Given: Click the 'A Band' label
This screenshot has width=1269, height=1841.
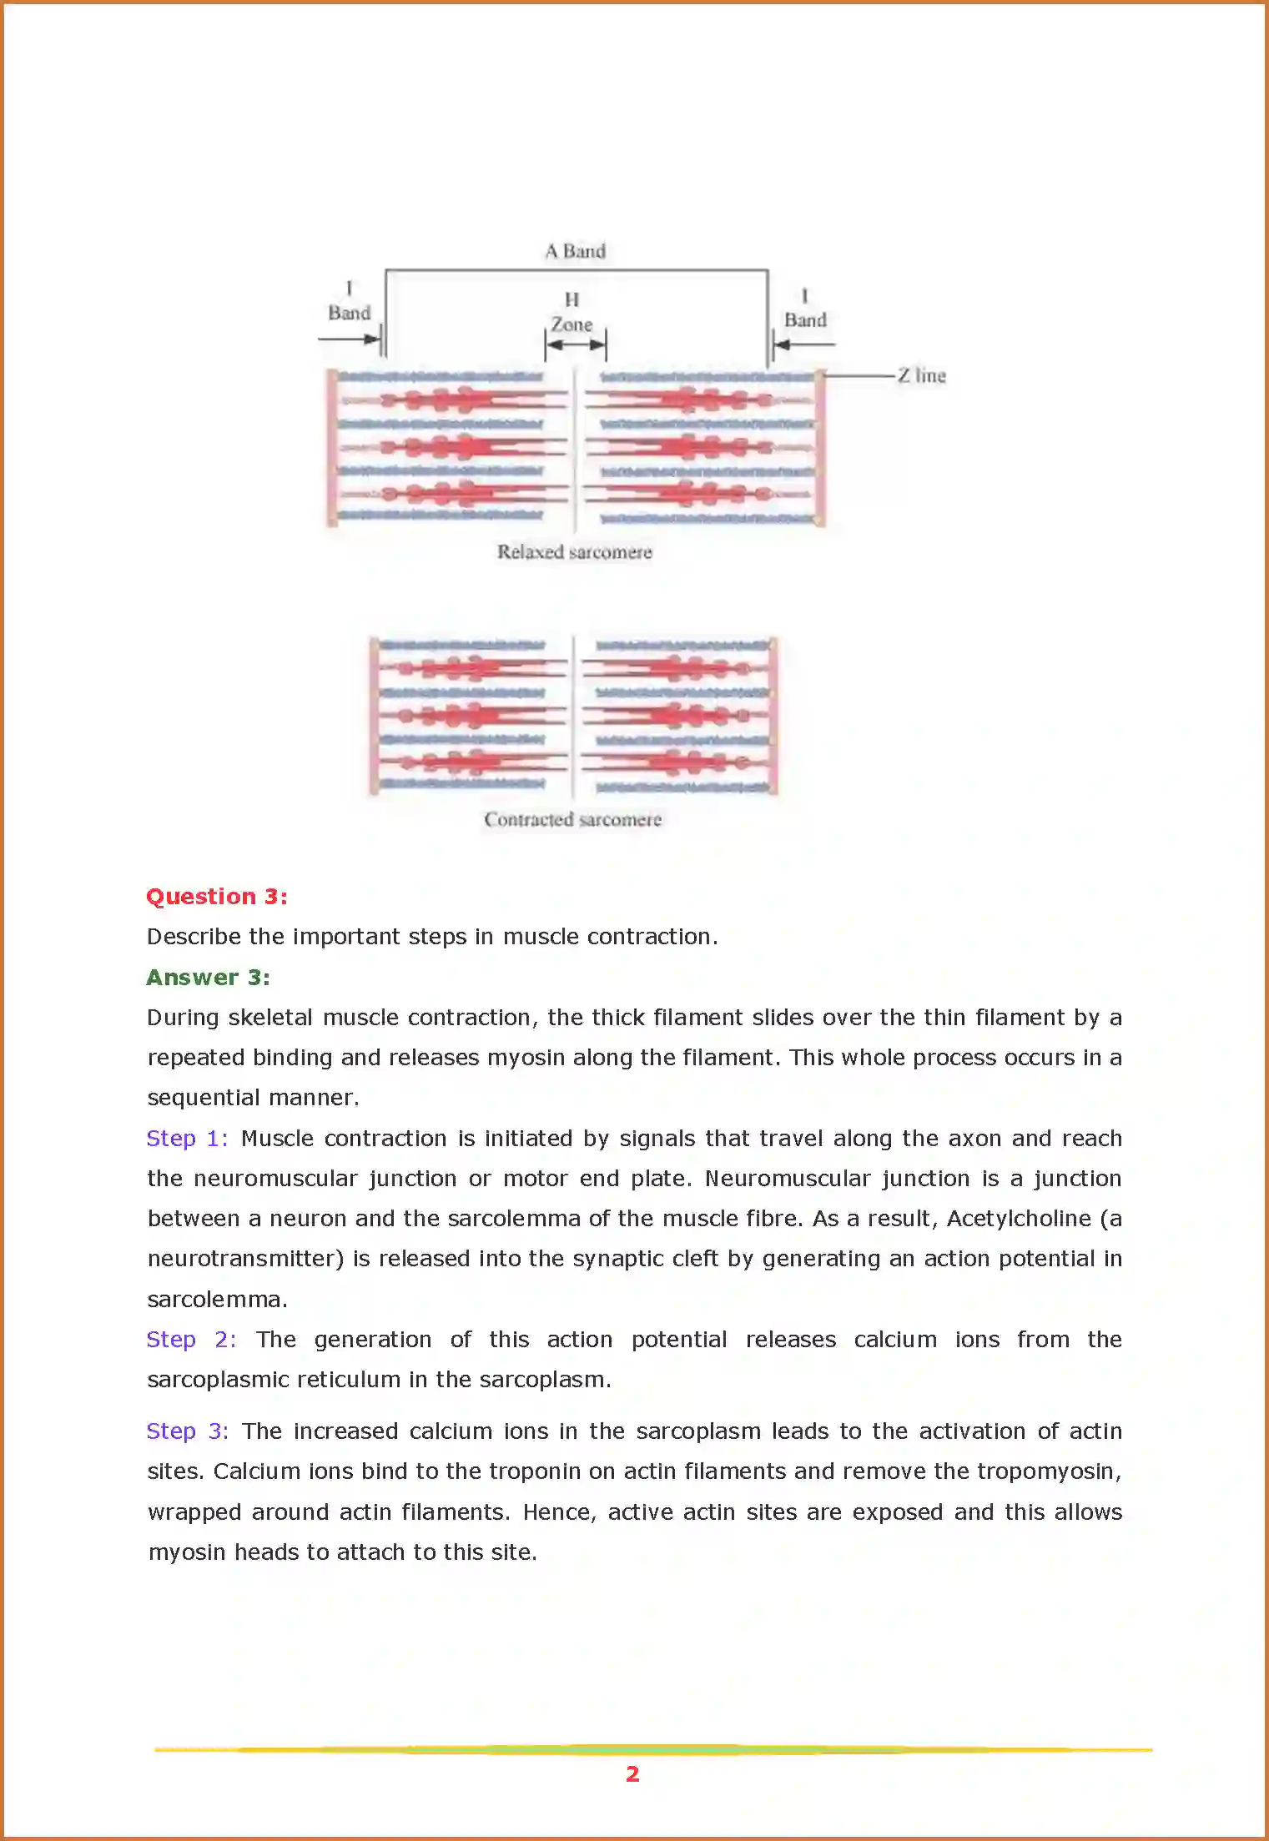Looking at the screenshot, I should [x=575, y=251].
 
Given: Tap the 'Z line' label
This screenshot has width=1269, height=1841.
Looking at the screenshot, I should [x=922, y=375].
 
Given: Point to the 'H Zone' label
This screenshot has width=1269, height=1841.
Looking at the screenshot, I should [x=572, y=312].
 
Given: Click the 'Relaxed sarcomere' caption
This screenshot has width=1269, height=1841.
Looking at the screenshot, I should [x=574, y=551].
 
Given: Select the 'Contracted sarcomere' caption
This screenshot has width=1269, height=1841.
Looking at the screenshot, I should [x=572, y=819].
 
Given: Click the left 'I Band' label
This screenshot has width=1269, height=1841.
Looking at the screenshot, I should [x=349, y=302].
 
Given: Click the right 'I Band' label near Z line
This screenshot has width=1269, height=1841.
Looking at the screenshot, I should [x=804, y=309].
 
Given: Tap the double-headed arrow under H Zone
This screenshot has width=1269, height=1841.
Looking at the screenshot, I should [x=575, y=344].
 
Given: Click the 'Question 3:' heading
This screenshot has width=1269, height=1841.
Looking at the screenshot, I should [x=217, y=897].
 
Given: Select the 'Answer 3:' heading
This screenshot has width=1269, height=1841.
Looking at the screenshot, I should [x=209, y=978].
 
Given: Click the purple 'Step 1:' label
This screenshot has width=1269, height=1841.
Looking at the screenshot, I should [x=187, y=1139].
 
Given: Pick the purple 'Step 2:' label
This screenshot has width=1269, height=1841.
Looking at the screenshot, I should [x=191, y=1340].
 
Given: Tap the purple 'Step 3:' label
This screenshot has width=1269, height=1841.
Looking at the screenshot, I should [x=187, y=1431].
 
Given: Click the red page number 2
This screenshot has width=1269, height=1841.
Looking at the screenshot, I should [x=632, y=1774].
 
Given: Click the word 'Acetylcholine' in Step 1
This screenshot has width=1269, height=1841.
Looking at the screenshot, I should [x=1019, y=1219].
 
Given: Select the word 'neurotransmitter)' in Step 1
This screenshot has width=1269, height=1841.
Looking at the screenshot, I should [x=245, y=1259].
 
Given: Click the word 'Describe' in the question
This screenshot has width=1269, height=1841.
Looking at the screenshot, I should [x=194, y=937].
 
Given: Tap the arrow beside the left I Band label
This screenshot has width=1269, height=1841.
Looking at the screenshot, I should [x=350, y=339].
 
